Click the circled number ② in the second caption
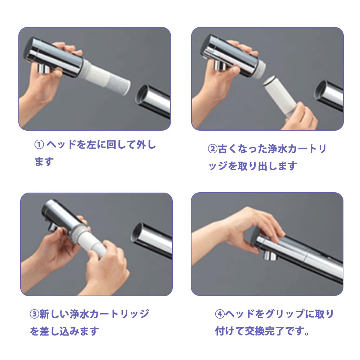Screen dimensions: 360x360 [212, 149]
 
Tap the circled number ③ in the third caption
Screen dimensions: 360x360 [33, 314]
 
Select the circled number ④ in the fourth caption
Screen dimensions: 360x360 [220, 314]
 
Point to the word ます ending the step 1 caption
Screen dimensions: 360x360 [44, 162]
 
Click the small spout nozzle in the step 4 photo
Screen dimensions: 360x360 [269, 255]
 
